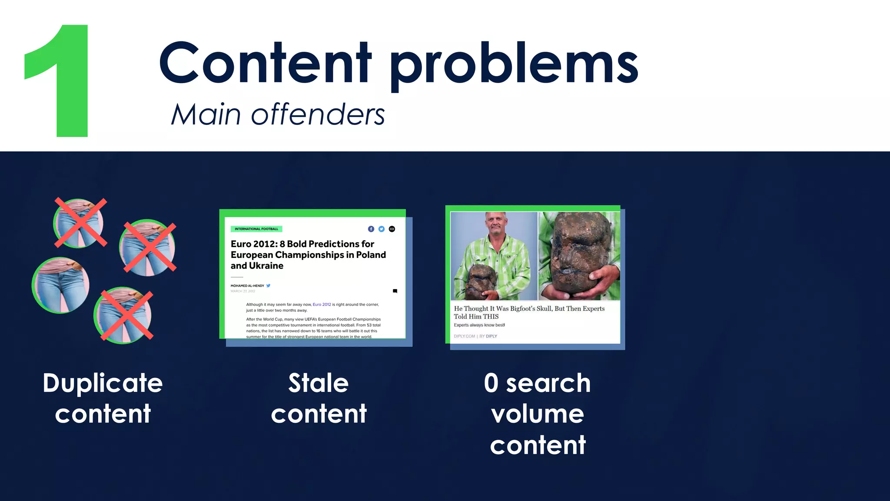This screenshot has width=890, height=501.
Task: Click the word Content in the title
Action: pos(266,63)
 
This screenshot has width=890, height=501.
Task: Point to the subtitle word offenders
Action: pos(318,115)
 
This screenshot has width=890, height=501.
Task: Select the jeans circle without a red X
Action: pos(61,285)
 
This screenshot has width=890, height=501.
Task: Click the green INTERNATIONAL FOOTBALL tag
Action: pos(256,229)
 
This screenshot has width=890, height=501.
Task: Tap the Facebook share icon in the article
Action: pos(371,229)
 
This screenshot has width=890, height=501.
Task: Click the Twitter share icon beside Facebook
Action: pos(381,229)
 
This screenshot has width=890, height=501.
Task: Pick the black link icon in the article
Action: pos(392,229)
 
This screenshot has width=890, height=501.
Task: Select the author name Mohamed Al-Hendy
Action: pos(247,286)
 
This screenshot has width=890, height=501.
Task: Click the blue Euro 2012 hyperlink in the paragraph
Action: pos(322,304)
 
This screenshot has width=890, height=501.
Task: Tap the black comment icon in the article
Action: pos(395,291)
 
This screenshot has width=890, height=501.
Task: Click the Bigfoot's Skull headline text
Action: pos(529,312)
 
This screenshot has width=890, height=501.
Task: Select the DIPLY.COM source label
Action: pos(464,336)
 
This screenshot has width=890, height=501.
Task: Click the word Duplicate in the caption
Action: pos(103,383)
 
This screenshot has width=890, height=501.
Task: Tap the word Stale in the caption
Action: pos(319,383)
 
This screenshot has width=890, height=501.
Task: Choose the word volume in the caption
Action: pos(538,414)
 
